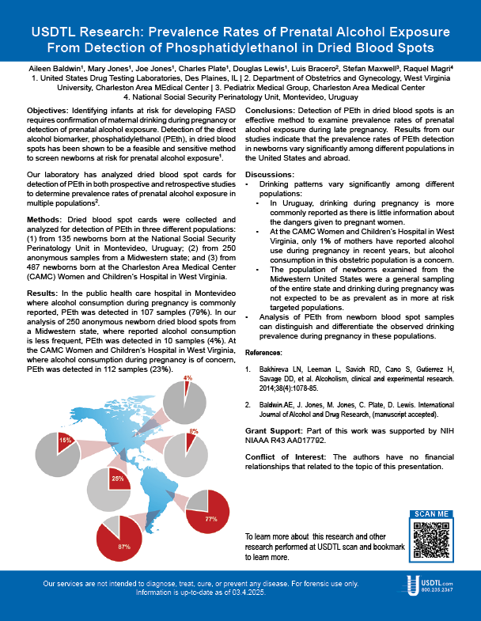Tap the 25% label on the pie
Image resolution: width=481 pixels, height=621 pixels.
[117, 479]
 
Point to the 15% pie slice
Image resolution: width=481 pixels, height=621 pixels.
[66, 440]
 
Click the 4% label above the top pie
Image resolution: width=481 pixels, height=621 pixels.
[187, 378]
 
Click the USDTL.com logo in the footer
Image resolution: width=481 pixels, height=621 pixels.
[434, 586]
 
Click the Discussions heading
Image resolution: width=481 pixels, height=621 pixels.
[271, 173]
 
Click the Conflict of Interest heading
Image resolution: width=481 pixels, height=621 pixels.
[286, 457]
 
